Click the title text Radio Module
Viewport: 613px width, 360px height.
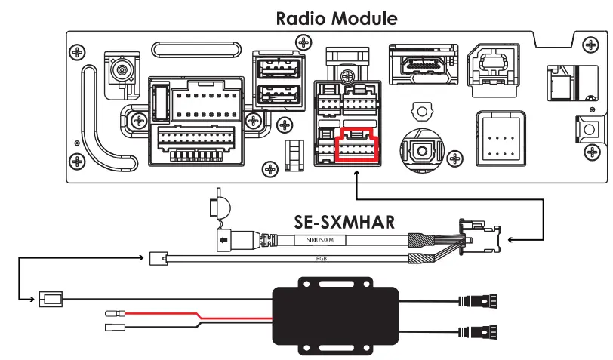336,16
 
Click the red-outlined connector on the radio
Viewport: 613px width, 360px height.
356,144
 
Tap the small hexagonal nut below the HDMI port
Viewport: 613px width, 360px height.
418,111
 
